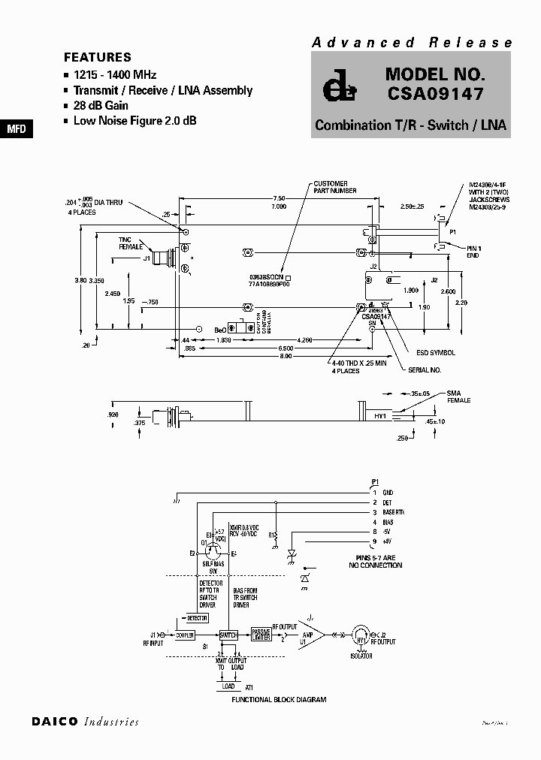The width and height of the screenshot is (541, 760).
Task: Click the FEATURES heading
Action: pyautogui.click(x=98, y=57)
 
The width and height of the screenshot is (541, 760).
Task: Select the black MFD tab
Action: pyautogui.click(x=16, y=128)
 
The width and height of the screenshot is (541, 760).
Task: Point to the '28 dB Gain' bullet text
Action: pyautogui.click(x=101, y=105)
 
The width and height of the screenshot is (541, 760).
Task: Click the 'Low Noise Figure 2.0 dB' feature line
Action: pyautogui.click(x=134, y=120)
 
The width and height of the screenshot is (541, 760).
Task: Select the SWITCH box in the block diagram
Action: pyautogui.click(x=228, y=635)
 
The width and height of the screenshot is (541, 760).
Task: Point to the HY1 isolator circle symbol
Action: pyautogui.click(x=361, y=635)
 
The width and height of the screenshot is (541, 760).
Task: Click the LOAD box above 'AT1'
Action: pyautogui.click(x=228, y=686)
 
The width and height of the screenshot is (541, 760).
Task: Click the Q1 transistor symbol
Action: pyautogui.click(x=211, y=549)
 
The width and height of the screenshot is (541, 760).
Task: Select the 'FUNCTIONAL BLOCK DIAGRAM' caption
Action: pyautogui.click(x=279, y=699)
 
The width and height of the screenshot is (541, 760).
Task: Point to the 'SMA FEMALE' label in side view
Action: pyautogui.click(x=458, y=397)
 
